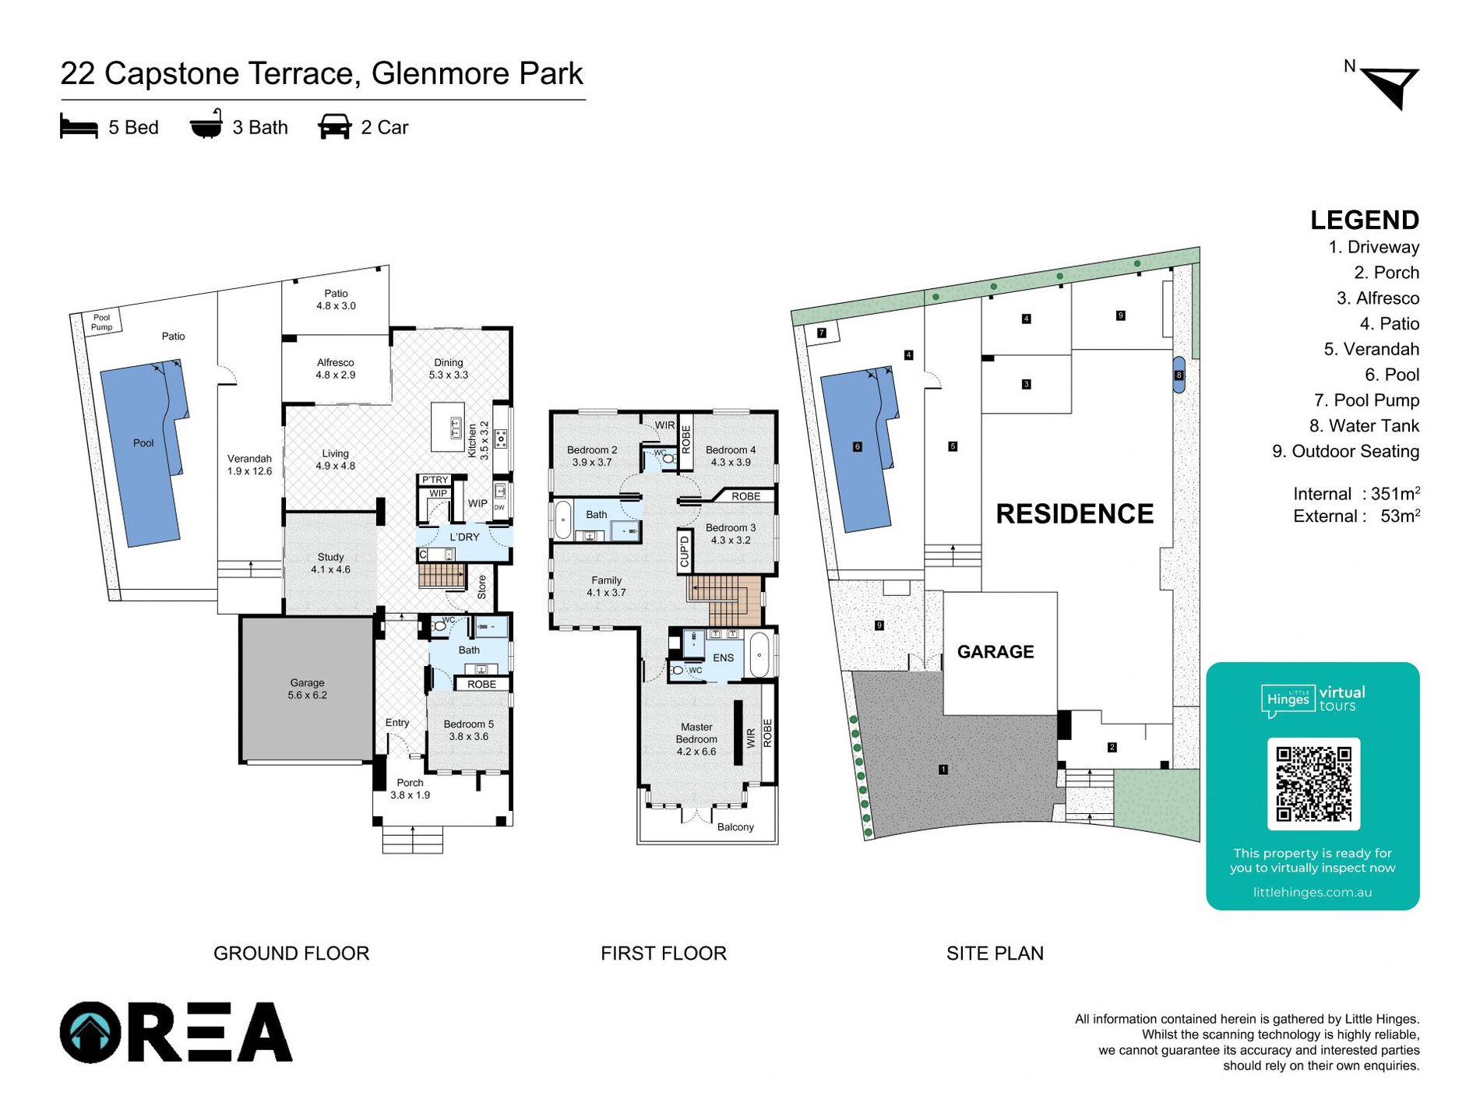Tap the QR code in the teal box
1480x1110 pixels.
(x=1313, y=784)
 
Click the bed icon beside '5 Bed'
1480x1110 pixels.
(x=79, y=127)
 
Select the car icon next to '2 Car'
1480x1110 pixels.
(x=335, y=127)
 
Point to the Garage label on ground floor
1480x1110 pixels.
(x=308, y=689)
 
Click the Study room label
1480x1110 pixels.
(x=330, y=563)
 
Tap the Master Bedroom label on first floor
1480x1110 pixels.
(x=696, y=739)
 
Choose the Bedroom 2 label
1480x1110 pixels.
(x=592, y=456)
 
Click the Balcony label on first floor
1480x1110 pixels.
(x=735, y=827)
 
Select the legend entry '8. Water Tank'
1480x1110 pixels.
(x=1364, y=426)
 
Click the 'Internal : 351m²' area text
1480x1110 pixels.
(x=1356, y=494)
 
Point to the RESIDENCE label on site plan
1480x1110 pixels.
(x=1075, y=514)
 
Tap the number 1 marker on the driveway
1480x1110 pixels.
(x=943, y=770)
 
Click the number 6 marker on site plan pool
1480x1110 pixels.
(x=858, y=447)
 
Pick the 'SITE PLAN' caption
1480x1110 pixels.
(x=995, y=953)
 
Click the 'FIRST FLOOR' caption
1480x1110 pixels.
(x=664, y=953)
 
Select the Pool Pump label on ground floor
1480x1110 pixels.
(x=102, y=322)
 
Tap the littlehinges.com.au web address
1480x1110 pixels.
(x=1313, y=893)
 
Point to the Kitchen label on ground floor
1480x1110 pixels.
(x=472, y=441)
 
